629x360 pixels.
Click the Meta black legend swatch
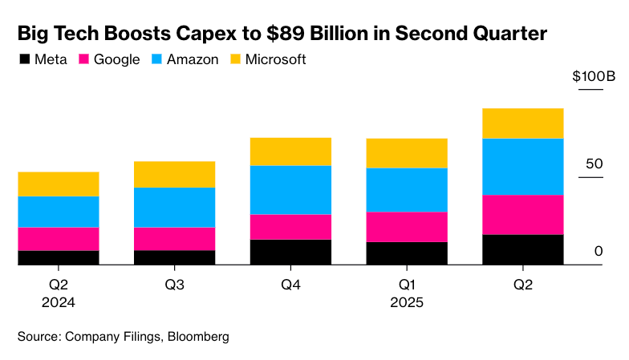point(24,60)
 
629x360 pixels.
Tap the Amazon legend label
point(190,60)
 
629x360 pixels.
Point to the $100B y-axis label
point(593,77)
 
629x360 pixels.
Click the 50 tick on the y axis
point(594,164)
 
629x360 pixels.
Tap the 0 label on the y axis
point(598,252)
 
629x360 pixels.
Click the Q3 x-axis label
point(174,285)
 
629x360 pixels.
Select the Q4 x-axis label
point(290,285)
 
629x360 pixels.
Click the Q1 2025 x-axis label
point(407,293)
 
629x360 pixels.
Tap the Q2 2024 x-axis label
point(58,293)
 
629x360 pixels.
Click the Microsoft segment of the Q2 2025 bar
point(522,123)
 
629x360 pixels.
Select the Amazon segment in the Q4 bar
point(290,190)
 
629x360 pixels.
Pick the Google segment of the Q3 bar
point(174,239)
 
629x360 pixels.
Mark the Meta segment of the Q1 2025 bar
point(407,253)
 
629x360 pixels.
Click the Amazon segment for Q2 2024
point(58,212)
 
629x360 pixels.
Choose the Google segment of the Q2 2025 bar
point(522,215)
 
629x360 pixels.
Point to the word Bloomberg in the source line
point(197,337)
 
